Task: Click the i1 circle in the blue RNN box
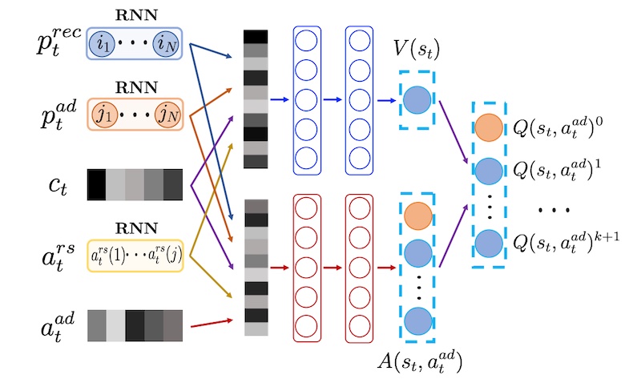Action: (x=103, y=43)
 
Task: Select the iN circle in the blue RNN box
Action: (x=166, y=43)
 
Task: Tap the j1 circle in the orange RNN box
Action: (x=105, y=115)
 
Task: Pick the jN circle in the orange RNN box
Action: (x=167, y=115)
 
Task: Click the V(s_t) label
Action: (x=416, y=50)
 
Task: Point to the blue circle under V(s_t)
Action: (x=417, y=100)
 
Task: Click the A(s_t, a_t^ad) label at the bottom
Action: (x=420, y=362)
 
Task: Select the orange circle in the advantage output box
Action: (x=418, y=216)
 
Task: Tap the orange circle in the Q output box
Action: (x=489, y=127)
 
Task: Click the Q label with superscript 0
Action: (x=558, y=127)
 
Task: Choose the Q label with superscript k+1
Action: (x=566, y=241)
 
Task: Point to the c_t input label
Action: (x=58, y=186)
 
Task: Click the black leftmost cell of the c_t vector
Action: (x=96, y=184)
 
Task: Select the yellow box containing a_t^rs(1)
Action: (x=135, y=256)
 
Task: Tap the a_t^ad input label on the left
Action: (x=58, y=326)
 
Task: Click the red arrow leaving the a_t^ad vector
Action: (x=212, y=323)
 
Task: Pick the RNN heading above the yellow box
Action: (x=136, y=228)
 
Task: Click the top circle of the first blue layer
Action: (x=306, y=41)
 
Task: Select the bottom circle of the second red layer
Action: (x=359, y=326)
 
